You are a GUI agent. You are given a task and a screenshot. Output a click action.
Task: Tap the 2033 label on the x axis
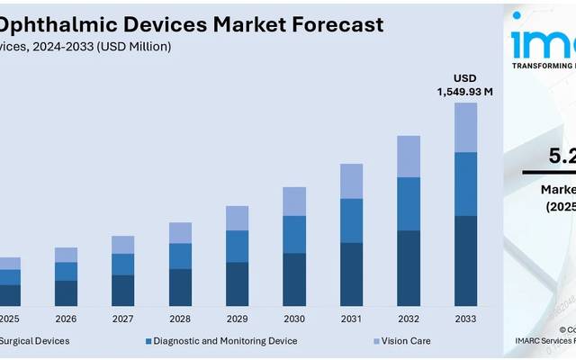(465, 319)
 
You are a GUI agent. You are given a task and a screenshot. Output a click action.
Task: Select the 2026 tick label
(66, 319)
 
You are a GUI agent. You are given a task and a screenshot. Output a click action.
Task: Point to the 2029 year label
(237, 319)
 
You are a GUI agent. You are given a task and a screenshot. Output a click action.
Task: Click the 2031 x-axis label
(351, 319)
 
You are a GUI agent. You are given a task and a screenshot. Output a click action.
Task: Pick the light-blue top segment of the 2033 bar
(465, 127)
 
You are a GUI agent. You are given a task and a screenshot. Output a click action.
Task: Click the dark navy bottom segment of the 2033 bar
(465, 261)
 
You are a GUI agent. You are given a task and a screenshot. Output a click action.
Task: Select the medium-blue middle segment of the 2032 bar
(409, 203)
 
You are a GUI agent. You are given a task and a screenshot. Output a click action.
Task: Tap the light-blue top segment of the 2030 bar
(294, 202)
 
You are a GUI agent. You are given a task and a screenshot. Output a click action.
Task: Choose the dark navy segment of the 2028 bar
(180, 287)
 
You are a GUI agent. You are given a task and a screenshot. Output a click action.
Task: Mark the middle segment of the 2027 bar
(123, 264)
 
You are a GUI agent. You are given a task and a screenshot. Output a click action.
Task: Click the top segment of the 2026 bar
(66, 255)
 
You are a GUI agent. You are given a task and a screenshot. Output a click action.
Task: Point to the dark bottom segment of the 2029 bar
(237, 283)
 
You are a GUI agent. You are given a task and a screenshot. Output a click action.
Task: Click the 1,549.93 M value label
(465, 92)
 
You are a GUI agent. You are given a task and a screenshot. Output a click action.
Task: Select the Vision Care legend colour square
(376, 341)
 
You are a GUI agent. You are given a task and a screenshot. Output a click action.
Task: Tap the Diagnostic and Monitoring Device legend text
(225, 341)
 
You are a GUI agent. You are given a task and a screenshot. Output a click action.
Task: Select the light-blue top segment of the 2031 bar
(351, 181)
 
